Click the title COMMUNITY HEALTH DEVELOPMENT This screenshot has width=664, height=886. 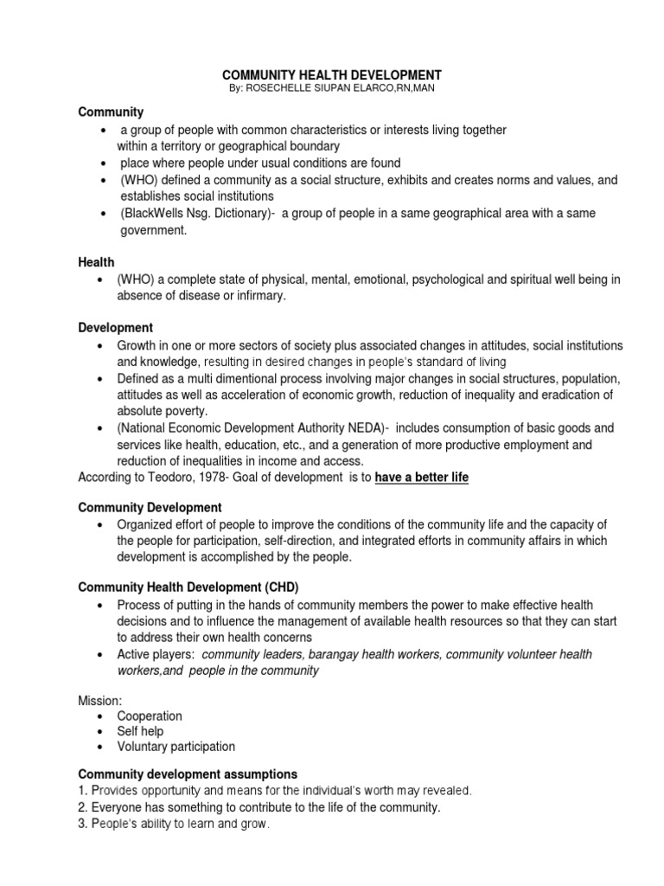tap(332, 75)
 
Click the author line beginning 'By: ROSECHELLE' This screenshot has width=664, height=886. tap(332, 90)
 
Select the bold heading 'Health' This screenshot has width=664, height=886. tap(96, 261)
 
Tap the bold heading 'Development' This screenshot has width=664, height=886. tap(115, 328)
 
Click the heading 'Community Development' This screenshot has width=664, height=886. tap(150, 507)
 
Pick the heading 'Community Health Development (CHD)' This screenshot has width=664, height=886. tap(188, 587)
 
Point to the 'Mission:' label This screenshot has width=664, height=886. tap(100, 699)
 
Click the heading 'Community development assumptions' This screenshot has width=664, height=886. tap(188, 774)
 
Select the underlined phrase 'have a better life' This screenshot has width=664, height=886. tap(421, 478)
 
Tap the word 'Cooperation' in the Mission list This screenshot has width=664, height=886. tap(151, 716)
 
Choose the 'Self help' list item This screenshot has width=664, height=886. tap(142, 731)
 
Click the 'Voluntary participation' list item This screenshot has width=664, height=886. tap(177, 746)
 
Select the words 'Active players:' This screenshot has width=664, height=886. tap(156, 653)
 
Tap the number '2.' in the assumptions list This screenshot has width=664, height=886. tap(84, 807)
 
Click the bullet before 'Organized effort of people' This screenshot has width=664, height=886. tap(103, 525)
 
